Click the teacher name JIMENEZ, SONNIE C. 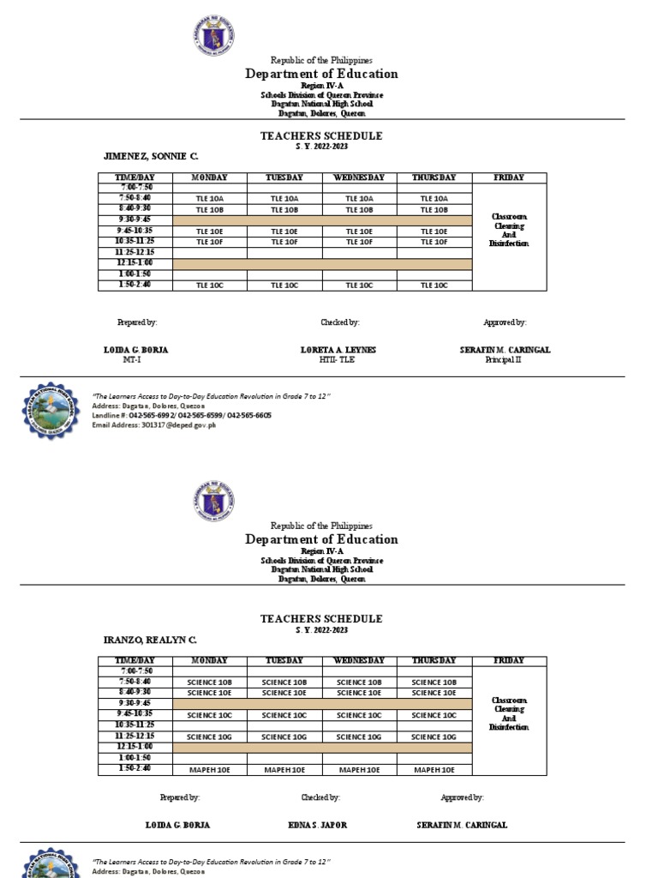(x=150, y=157)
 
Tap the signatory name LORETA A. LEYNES (x=338, y=350)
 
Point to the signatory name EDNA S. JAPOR (x=318, y=825)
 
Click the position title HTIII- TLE (x=337, y=360)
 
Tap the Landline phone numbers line (x=182, y=415)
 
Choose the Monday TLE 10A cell (x=210, y=198)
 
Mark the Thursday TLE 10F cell (x=434, y=243)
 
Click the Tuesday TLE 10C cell (x=284, y=286)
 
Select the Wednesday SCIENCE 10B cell (x=359, y=683)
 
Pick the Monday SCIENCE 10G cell (x=210, y=737)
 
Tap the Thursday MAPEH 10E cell (x=434, y=770)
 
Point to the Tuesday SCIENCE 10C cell (x=284, y=715)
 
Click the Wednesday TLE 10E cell (x=359, y=232)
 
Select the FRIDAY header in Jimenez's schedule (x=510, y=177)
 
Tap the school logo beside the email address (x=54, y=413)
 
